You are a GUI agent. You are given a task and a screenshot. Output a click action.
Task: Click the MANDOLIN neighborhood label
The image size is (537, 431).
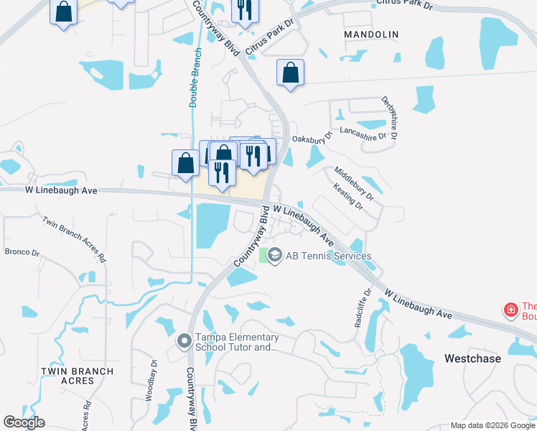370,34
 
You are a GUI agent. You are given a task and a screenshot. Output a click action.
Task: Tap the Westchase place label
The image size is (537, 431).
471,358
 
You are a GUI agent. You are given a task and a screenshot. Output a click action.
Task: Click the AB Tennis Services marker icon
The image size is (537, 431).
274,256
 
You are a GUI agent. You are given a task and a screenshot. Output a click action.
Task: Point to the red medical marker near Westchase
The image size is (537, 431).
511,310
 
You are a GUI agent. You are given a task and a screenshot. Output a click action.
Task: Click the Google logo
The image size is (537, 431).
24,422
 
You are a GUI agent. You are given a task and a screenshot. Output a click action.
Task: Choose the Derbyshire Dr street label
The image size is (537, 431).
390,118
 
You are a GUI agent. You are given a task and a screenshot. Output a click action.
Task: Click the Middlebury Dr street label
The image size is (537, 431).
354,183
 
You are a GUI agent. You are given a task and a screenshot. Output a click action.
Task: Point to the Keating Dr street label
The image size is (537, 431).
348,195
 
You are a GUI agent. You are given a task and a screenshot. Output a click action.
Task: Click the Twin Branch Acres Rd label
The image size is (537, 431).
74,239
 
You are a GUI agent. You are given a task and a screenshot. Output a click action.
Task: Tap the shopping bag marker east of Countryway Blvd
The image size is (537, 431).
290,73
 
